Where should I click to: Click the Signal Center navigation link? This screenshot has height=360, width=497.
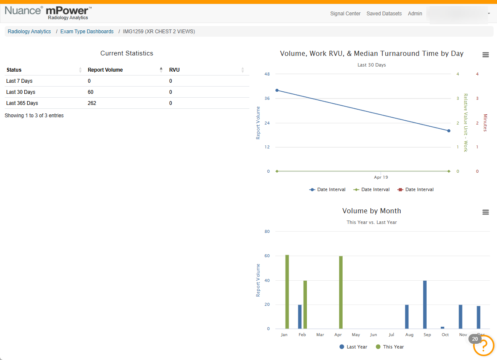pos(345,14)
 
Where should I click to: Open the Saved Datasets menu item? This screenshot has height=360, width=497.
pos(384,14)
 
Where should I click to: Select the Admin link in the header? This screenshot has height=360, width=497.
pos(415,14)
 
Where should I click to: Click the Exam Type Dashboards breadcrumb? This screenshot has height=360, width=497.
pos(87,32)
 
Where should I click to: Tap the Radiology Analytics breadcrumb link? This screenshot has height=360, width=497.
pos(29,32)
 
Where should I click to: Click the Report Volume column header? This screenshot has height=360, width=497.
pos(105,70)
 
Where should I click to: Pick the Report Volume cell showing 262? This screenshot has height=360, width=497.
pos(92,103)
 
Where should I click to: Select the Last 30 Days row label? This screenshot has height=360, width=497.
pos(20,92)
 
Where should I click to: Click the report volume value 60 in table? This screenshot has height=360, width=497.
pos(91,92)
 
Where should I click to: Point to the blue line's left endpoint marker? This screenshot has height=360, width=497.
pos(277,90)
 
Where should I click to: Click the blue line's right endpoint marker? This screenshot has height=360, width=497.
pos(449,131)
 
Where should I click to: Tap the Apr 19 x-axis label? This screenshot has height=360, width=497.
pos(381,177)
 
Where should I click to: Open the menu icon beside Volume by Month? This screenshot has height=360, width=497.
pos(485,212)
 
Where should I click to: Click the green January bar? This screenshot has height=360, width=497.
pos(287,292)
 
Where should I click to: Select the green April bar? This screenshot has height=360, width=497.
pos(341,293)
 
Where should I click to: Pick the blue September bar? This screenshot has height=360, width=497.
pos(425,305)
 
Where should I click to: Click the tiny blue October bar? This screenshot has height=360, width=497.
pos(442,328)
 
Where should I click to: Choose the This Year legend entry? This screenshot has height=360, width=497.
pos(390,347)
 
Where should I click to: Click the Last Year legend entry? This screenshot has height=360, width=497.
pos(353,347)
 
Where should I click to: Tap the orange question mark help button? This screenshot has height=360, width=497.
pos(483,346)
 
